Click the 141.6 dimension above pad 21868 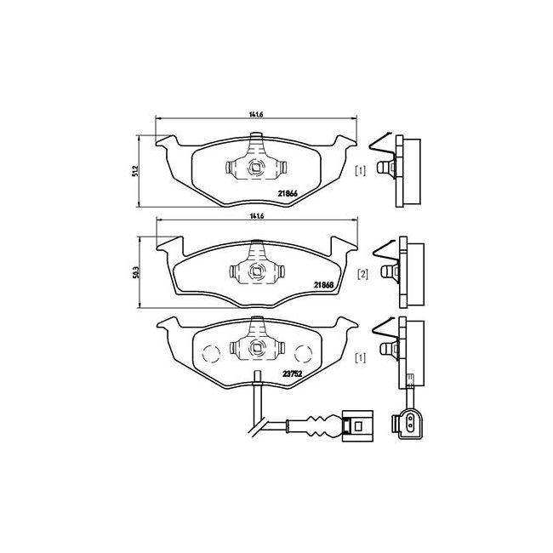click(x=253, y=217)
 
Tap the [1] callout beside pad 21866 click(x=361, y=172)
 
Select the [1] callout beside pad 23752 click(x=361, y=358)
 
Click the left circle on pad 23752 click(x=212, y=351)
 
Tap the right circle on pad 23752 click(x=299, y=351)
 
